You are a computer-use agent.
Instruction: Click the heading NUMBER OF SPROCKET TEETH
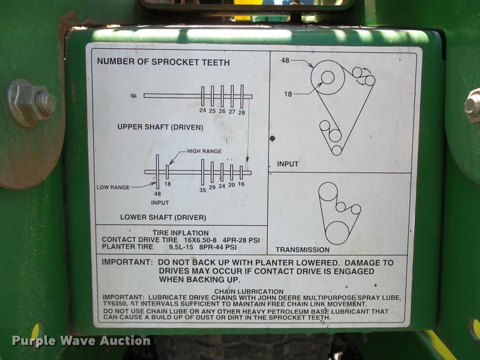pyautogui.click(x=163, y=63)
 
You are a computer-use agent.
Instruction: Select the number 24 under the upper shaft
pyautogui.click(x=203, y=111)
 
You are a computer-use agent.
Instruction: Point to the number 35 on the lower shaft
pyautogui.click(x=203, y=188)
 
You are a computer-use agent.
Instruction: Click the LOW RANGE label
pyautogui.click(x=113, y=188)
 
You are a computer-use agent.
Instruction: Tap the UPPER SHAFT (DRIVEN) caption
pyautogui.click(x=160, y=127)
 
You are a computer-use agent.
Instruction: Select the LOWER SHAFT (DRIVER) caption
pyautogui.click(x=163, y=217)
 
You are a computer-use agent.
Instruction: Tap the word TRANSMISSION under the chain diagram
pyautogui.click(x=302, y=250)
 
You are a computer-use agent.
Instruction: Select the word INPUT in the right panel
pyautogui.click(x=287, y=164)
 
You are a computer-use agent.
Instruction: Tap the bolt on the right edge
pyautogui.click(x=473, y=105)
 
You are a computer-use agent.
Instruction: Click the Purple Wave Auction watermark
pyautogui.click(x=81, y=341)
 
